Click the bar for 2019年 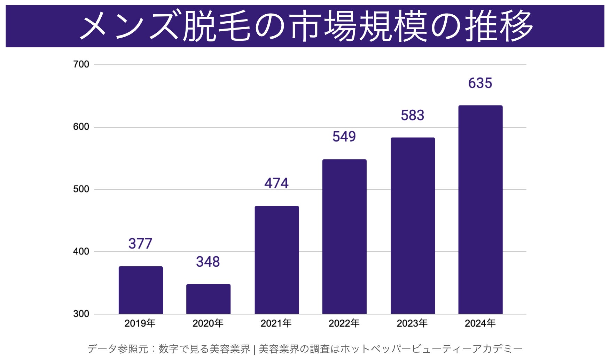click(141, 290)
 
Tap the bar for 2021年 click(277, 260)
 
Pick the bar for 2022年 click(344, 236)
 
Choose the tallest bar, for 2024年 click(480, 210)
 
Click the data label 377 click(140, 244)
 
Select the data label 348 click(208, 262)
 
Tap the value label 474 click(276, 183)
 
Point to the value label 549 click(344, 136)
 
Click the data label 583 click(413, 115)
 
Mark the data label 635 click(480, 83)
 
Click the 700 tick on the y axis click(81, 64)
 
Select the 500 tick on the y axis click(81, 189)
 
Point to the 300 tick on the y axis click(81, 314)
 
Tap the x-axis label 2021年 click(276, 323)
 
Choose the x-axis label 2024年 click(480, 323)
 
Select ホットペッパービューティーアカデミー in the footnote click(431, 349)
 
